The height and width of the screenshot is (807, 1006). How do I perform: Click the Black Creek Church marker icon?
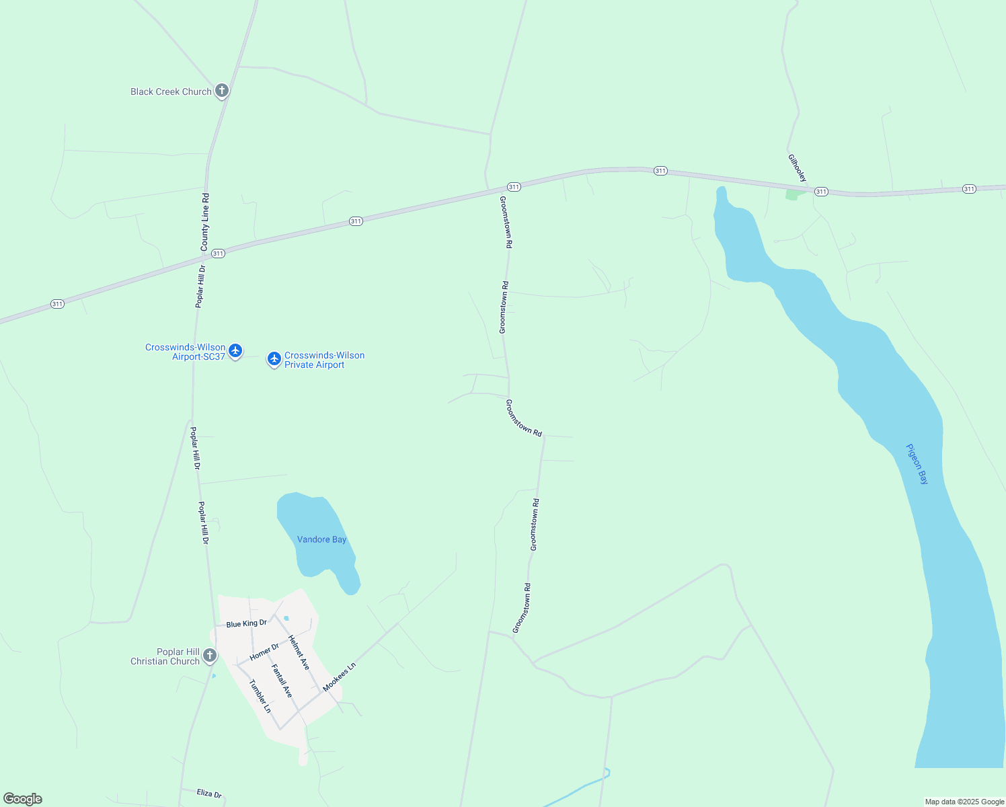click(222, 91)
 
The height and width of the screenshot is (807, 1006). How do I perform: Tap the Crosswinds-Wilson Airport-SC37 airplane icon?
click(235, 350)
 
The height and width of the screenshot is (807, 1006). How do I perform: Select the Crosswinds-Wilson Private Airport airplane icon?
click(274, 359)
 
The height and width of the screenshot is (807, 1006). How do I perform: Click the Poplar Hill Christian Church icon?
click(210, 655)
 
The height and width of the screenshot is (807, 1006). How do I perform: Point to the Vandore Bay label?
click(321, 539)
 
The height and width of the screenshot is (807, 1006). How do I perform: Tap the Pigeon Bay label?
click(917, 464)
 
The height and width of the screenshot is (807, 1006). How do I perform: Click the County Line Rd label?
click(205, 223)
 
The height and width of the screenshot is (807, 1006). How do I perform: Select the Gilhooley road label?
click(797, 168)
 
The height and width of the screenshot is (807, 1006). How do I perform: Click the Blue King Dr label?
click(246, 623)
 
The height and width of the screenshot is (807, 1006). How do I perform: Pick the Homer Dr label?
click(264, 652)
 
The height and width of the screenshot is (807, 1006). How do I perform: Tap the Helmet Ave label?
click(299, 652)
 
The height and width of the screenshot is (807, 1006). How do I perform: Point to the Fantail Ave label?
click(282, 681)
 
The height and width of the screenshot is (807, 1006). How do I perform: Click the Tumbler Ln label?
click(260, 696)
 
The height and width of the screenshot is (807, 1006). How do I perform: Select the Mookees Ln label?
click(339, 677)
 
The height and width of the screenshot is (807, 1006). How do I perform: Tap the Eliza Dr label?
click(209, 794)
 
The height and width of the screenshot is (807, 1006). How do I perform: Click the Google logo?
click(23, 799)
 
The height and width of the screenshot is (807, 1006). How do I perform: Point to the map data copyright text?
click(964, 802)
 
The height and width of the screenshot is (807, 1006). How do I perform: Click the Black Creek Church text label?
click(171, 91)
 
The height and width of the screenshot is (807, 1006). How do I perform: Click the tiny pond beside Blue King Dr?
click(286, 618)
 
